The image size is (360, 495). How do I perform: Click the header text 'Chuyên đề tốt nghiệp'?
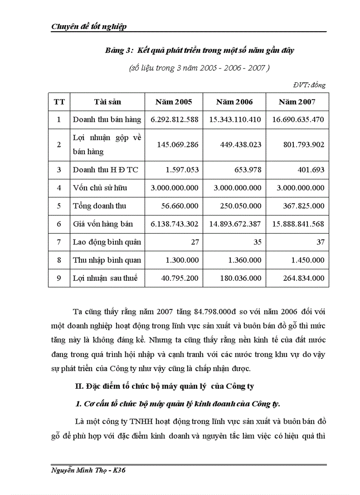click(x=89, y=26)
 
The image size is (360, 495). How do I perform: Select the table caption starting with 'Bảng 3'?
click(x=199, y=50)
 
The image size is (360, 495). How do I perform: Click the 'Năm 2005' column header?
click(x=174, y=102)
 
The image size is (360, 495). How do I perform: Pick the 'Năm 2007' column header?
click(x=297, y=102)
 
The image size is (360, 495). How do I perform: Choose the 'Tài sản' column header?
click(x=107, y=102)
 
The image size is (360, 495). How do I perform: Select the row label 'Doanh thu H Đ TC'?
click(x=105, y=170)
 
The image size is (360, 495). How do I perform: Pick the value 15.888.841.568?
click(x=297, y=224)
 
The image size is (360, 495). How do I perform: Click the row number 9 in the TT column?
click(x=59, y=278)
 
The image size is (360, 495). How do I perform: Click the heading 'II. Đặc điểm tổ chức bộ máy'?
click(x=165, y=387)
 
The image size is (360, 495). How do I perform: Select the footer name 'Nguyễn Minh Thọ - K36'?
click(x=89, y=470)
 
